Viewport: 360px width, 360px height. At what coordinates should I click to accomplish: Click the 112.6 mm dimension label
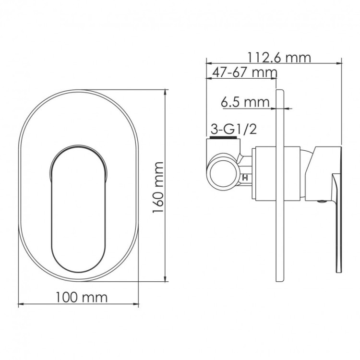click(279, 58)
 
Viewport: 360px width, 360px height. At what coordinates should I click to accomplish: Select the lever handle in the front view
click(77, 206)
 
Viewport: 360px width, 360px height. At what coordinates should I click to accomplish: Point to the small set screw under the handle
click(320, 202)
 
